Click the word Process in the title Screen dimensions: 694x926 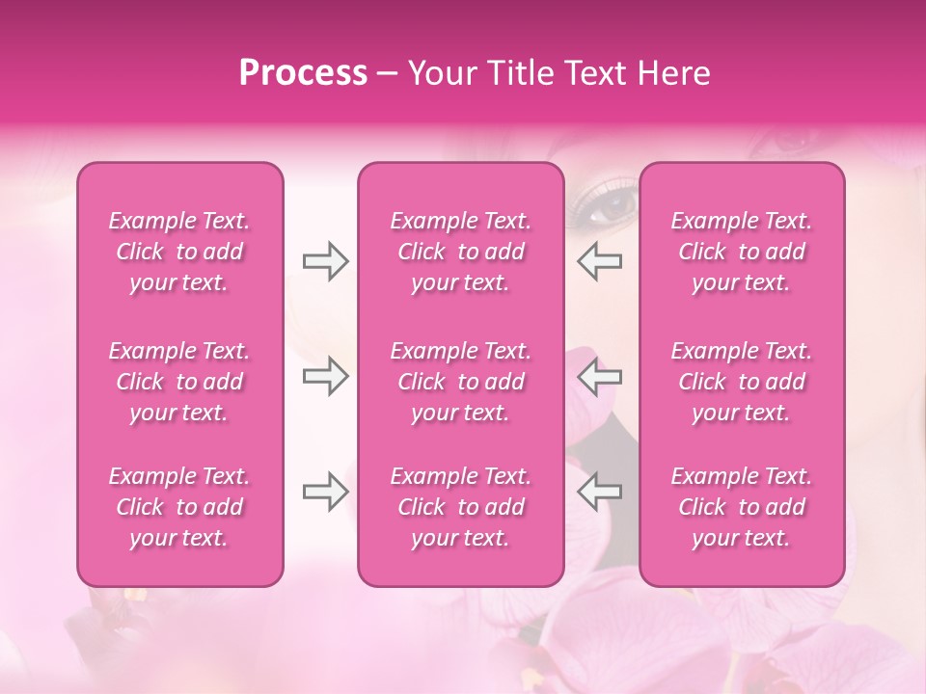pyautogui.click(x=303, y=72)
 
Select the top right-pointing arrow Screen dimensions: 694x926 pyautogui.click(x=326, y=261)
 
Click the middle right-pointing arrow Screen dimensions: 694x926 pyautogui.click(x=326, y=376)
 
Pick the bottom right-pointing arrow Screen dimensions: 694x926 pyautogui.click(x=326, y=492)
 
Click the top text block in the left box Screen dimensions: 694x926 pyautogui.click(x=179, y=252)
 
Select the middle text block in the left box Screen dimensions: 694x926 pyautogui.click(x=179, y=382)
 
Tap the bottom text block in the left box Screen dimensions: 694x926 pyautogui.click(x=179, y=507)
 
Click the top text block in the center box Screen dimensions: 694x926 pyautogui.click(x=461, y=252)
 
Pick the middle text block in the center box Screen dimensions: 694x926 pyautogui.click(x=461, y=382)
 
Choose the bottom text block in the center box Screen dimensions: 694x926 pyautogui.click(x=461, y=507)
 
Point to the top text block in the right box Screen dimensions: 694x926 pyautogui.click(x=742, y=252)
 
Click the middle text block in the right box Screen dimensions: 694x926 pyautogui.click(x=742, y=382)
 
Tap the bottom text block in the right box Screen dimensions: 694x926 pyautogui.click(x=742, y=507)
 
